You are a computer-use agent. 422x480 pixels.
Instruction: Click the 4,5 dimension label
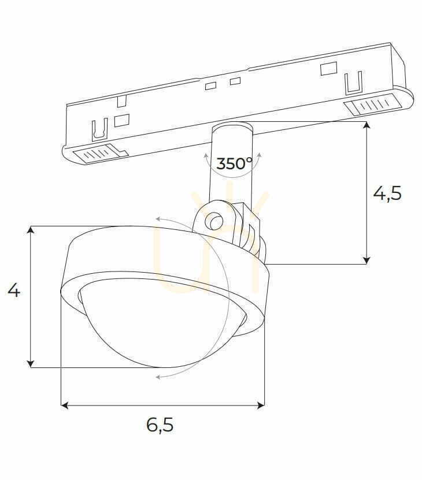(387, 194)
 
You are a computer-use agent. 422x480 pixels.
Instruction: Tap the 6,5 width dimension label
(160, 425)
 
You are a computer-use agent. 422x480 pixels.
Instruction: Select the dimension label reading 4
(14, 290)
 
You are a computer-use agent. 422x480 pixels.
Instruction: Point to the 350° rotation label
(234, 163)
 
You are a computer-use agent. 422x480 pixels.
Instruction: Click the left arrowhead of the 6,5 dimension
(64, 405)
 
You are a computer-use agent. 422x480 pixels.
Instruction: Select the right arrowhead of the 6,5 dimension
(261, 405)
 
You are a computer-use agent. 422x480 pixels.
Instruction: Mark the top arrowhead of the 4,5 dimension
(367, 125)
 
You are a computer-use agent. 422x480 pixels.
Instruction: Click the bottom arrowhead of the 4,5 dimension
(367, 260)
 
